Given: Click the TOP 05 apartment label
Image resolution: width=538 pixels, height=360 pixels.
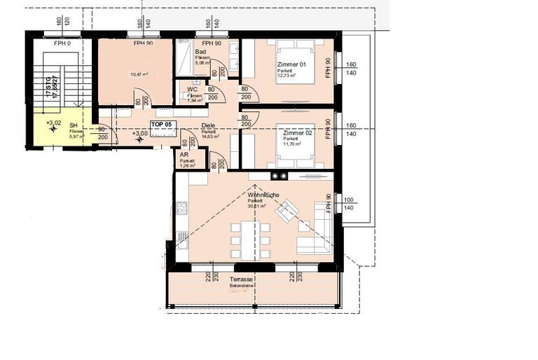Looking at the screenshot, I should tap(161, 123).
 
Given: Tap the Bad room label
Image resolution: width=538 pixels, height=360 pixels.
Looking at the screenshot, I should tap(200, 52).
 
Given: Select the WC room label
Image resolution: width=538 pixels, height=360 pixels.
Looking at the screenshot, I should tap(191, 89).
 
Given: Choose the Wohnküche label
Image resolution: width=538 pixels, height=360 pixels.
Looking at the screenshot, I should tap(263, 195).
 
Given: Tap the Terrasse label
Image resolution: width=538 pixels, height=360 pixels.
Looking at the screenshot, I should tap(241, 279).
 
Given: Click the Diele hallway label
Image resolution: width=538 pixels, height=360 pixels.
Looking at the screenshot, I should tap(208, 126).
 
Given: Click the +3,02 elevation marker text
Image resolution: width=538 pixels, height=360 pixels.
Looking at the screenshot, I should tap(53, 123).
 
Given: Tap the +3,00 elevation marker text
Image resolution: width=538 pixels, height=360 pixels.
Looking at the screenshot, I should tap(140, 133).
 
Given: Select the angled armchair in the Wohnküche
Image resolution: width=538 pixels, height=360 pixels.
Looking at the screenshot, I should tap(287, 210).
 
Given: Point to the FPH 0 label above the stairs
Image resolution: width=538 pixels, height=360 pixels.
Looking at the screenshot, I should tap(63, 43).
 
